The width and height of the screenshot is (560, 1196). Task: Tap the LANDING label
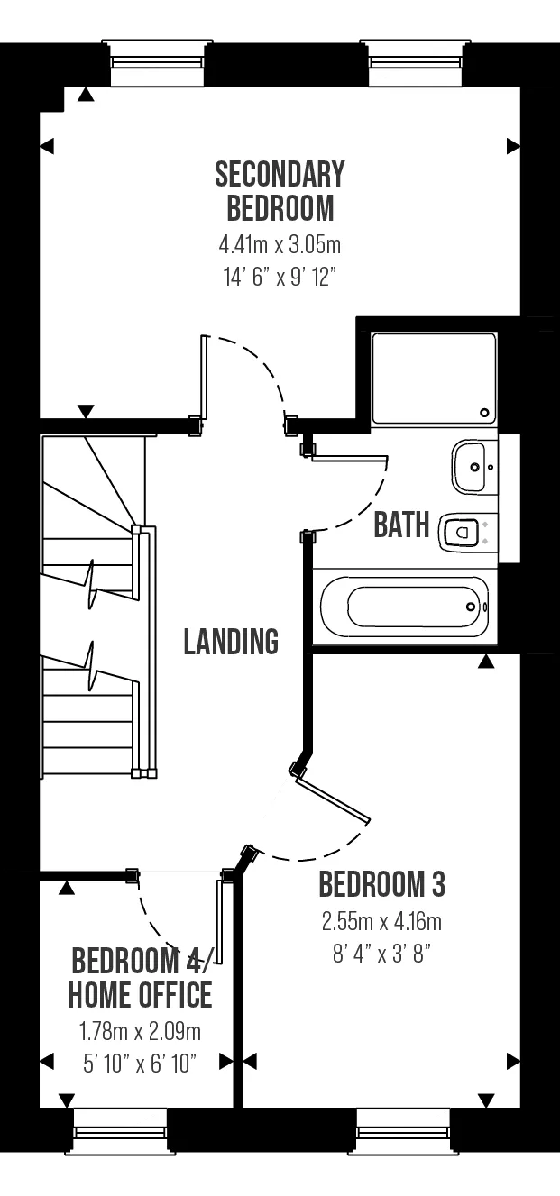(231, 641)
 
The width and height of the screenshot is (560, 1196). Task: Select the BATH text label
(401, 525)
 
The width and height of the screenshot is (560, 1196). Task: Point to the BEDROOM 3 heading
(382, 884)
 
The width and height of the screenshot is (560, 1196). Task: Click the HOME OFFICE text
(140, 994)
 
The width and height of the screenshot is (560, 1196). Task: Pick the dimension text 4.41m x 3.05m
(280, 245)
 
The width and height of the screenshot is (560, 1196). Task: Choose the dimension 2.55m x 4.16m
(381, 922)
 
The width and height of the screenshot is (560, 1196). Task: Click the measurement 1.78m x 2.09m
(140, 1032)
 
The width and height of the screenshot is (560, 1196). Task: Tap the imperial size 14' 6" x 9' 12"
(280, 277)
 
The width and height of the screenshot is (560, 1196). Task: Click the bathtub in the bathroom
(405, 607)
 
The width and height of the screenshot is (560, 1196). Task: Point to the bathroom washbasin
(473, 467)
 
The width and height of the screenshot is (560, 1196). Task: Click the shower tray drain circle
(484, 413)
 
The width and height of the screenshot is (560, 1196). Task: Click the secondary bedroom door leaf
(204, 377)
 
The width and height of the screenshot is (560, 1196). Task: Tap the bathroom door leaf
(349, 458)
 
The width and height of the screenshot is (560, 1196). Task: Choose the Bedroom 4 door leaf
(218, 922)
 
